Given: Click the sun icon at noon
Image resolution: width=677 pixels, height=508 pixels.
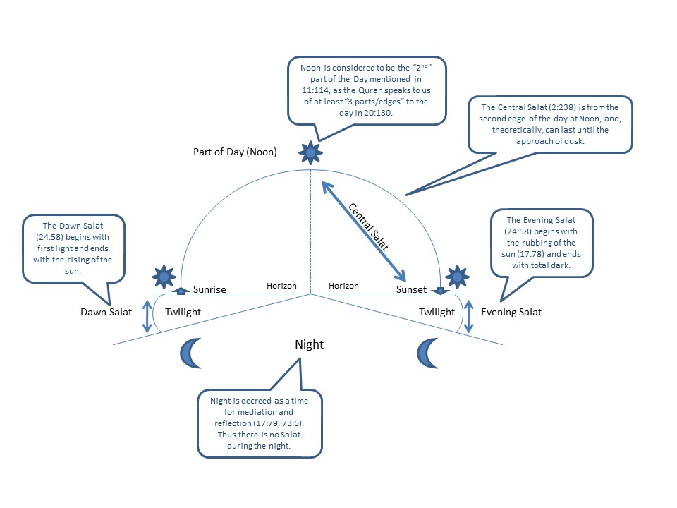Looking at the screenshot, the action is (310, 152).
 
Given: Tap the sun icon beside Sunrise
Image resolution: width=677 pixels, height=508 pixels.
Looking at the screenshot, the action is (164, 277).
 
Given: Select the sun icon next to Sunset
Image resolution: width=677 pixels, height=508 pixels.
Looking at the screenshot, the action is (457, 277).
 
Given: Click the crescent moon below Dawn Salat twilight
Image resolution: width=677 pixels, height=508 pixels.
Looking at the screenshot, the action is (190, 353).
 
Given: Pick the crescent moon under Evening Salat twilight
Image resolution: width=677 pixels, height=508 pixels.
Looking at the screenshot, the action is (427, 353).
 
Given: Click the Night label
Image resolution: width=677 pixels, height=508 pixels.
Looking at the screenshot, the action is (309, 344).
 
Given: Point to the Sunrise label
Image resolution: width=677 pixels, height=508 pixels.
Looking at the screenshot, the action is (209, 289).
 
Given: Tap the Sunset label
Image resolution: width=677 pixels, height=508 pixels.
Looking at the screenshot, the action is (411, 289).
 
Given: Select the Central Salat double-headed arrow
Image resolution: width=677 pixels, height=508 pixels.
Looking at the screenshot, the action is (364, 231).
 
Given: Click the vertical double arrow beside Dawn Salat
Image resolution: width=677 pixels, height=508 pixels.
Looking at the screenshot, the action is (147, 317).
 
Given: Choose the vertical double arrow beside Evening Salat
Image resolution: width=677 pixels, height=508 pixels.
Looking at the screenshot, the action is (468, 317).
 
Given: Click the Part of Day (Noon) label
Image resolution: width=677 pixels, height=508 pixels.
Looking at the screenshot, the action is (235, 152).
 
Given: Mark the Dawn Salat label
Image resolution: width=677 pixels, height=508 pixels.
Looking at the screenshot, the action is (106, 312).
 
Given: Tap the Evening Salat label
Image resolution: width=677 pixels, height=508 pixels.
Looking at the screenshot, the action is (511, 312).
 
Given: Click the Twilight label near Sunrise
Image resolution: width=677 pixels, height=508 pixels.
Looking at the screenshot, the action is (183, 312).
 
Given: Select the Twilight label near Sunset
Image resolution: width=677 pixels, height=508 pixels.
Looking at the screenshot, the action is (437, 312).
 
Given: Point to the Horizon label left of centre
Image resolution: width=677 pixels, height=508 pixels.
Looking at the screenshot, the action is (281, 286).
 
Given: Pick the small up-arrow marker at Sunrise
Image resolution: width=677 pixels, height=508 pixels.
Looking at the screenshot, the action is (181, 291).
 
